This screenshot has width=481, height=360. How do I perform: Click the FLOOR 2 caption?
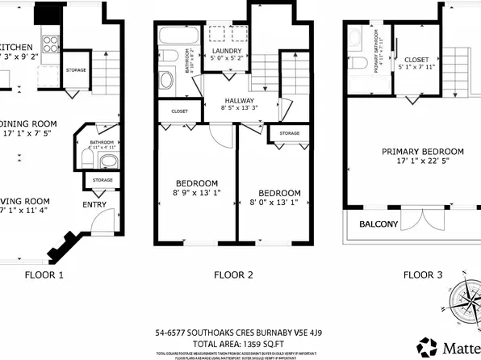coord(233,275)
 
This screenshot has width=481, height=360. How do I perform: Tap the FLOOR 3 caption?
coord(422,275)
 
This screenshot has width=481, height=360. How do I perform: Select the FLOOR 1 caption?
coord(44,275)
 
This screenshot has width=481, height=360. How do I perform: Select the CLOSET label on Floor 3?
coord(416,60)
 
